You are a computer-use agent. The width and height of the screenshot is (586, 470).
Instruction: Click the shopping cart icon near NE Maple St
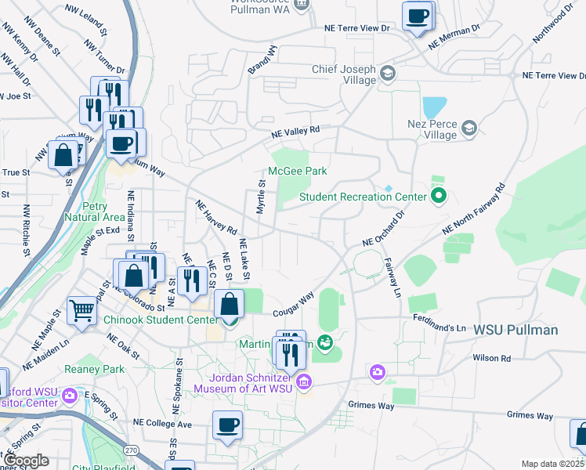81,310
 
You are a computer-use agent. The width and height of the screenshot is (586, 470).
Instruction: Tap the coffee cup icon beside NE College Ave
227,425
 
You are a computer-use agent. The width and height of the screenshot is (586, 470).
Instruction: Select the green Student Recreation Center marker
438,196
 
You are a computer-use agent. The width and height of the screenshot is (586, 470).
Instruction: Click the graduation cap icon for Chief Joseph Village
387,74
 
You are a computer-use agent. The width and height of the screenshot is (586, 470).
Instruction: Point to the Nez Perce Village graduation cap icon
468,128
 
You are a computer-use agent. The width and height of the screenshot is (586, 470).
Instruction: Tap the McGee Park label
297,171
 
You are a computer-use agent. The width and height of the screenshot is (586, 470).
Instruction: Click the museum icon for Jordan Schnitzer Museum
305,382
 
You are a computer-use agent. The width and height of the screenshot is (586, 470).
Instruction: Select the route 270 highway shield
131,450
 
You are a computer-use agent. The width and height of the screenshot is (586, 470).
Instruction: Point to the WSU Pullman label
515,330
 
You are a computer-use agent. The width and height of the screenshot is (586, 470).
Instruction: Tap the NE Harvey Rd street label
216,218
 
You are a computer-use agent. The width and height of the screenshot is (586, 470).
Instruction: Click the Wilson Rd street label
491,358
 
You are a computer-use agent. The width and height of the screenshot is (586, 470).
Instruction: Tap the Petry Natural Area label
96,211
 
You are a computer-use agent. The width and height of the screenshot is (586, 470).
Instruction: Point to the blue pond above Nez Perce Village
434,107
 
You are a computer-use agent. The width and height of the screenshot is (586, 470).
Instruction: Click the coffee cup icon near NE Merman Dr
417,16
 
